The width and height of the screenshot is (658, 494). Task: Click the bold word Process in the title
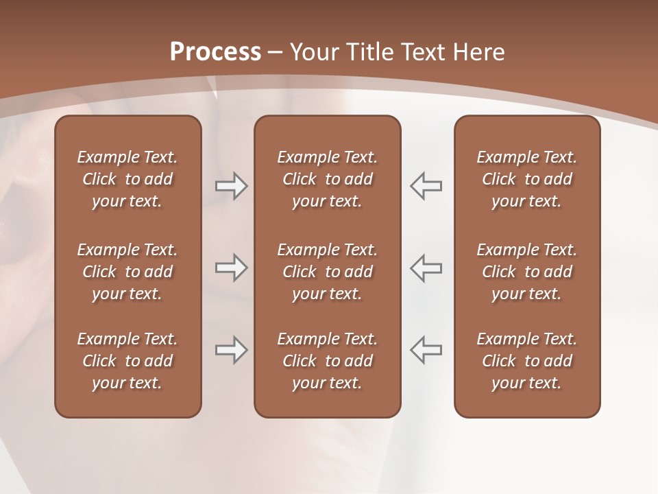point(215,52)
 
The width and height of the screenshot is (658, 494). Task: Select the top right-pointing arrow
point(231,186)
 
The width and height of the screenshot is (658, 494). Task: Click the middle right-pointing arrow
point(231,268)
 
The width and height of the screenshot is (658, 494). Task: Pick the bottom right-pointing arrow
point(231,350)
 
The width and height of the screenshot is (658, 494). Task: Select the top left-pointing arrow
point(426,186)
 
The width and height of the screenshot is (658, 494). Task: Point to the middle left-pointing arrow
point(426,268)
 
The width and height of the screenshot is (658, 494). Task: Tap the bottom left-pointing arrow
point(426,350)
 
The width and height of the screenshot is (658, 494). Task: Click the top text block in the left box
point(127,179)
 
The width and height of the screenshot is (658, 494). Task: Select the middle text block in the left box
point(127,272)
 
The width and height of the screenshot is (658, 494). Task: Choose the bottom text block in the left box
point(127,361)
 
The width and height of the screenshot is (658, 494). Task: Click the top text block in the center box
point(327,179)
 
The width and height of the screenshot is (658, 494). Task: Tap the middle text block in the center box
point(327,272)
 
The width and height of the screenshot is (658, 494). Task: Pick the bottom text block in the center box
point(327,361)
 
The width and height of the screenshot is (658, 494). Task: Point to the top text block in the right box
point(526,179)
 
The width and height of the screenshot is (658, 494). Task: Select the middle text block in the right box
point(526,272)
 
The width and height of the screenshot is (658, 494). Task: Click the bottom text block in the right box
point(526,361)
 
